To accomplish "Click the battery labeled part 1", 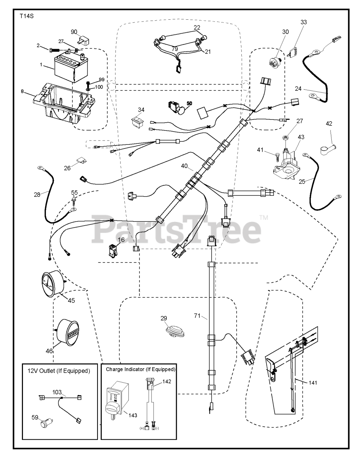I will [x=71, y=67].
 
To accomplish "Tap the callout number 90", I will [x=74, y=32].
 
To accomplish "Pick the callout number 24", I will [x=298, y=88].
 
